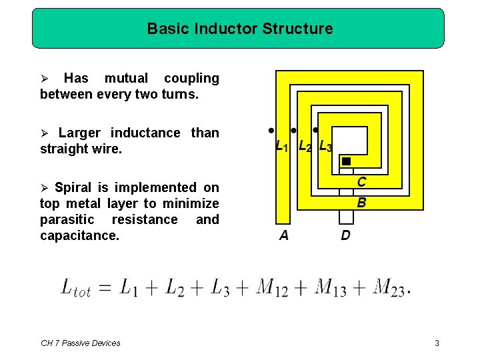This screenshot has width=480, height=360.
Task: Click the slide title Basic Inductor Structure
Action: tap(239, 29)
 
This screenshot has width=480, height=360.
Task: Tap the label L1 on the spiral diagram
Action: tap(282, 146)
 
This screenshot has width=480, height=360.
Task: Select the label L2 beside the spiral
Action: tap(305, 146)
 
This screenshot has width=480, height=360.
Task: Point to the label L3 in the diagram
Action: tap(325, 146)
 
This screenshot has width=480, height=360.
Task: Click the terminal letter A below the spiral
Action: tap(284, 235)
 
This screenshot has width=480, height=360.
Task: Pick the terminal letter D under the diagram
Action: tap(345, 235)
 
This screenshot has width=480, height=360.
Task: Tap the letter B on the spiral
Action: tap(361, 202)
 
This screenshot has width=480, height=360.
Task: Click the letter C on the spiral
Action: tap(361, 182)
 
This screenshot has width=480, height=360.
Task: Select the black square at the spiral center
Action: tap(346, 161)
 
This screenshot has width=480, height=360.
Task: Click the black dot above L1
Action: tap(271, 130)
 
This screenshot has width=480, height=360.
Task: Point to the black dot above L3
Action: tap(315, 130)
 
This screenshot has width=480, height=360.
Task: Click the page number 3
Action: tap(437, 343)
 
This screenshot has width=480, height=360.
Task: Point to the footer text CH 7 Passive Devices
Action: tap(81, 343)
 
